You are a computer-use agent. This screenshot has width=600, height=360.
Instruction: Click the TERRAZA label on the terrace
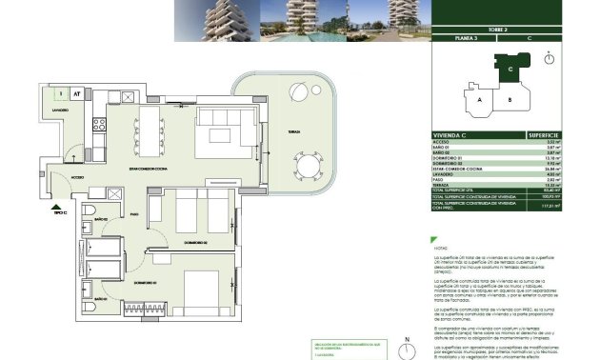[x=273, y=133]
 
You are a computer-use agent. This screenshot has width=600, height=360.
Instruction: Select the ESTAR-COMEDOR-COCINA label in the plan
[x=147, y=169]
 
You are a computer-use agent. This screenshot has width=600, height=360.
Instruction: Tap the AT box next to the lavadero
[x=75, y=93]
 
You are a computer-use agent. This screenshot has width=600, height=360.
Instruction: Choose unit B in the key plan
[x=510, y=99]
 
